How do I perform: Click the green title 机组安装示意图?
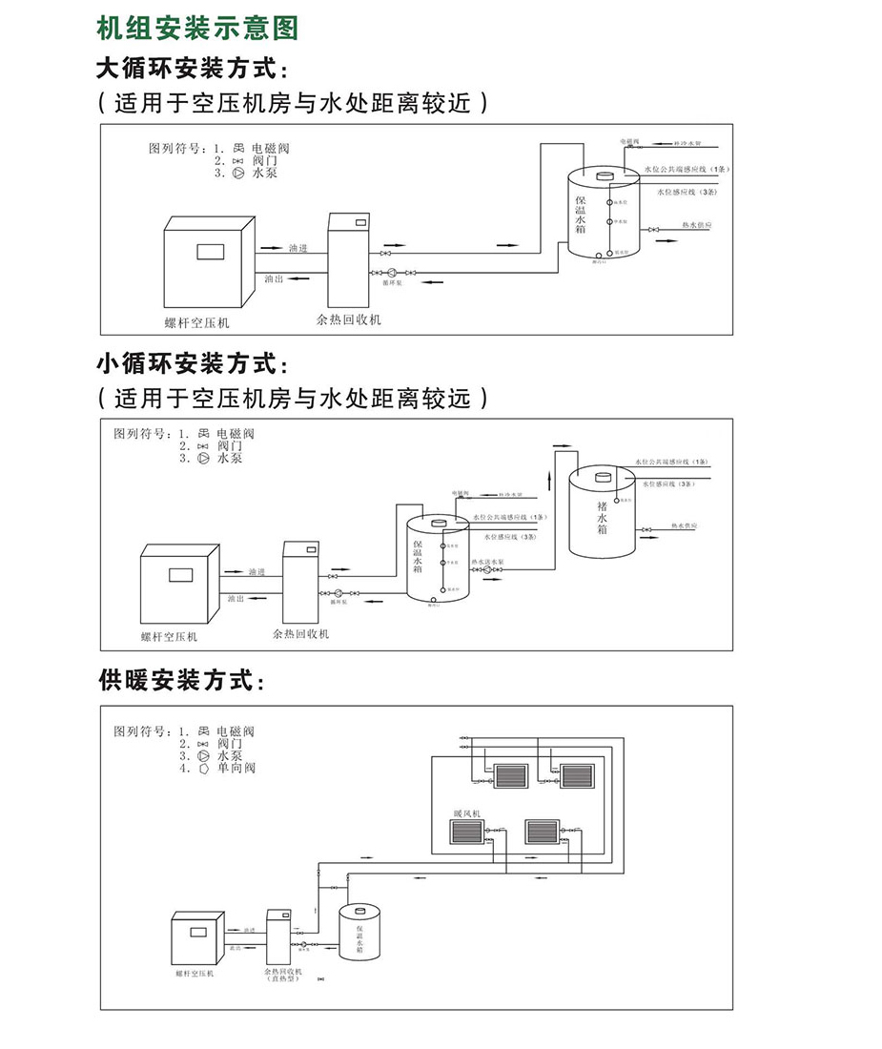197,28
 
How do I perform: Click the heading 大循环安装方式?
191,70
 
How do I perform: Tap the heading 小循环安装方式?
191,363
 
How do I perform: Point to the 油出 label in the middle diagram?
236,599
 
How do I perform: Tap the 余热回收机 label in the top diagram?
348,319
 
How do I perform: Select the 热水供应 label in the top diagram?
697,226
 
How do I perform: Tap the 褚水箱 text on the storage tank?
602,516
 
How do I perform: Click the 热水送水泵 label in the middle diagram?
487,561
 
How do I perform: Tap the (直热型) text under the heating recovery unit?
283,979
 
